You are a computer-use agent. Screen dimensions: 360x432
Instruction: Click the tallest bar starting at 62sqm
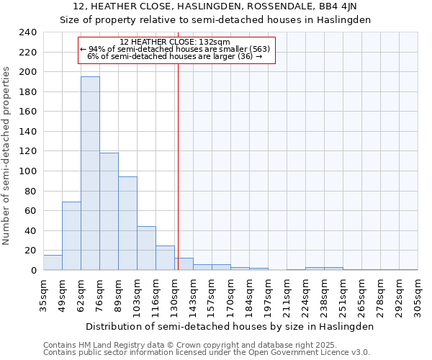pyautogui.click(x=90, y=174)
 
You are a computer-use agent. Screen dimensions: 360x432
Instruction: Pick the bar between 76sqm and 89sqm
pyautogui.click(x=109, y=212)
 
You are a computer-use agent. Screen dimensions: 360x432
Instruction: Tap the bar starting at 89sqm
pyautogui.click(x=127, y=223)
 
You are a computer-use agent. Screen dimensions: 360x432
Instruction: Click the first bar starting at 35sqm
pyautogui.click(x=53, y=263)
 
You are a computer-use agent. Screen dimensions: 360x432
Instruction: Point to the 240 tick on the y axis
pyautogui.click(x=28, y=32)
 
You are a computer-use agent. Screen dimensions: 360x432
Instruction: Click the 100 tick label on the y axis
pyautogui.click(x=28, y=171)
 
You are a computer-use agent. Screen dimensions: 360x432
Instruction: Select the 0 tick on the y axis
pyautogui.click(x=33, y=270)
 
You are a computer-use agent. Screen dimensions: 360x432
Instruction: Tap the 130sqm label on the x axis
pyautogui.click(x=174, y=295)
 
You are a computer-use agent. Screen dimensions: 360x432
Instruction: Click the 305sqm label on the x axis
pyautogui.click(x=418, y=295)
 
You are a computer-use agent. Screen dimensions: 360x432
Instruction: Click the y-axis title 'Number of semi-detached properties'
pyautogui.click(x=7, y=156)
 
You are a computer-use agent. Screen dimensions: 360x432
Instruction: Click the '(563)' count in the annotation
pyautogui.click(x=257, y=49)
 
